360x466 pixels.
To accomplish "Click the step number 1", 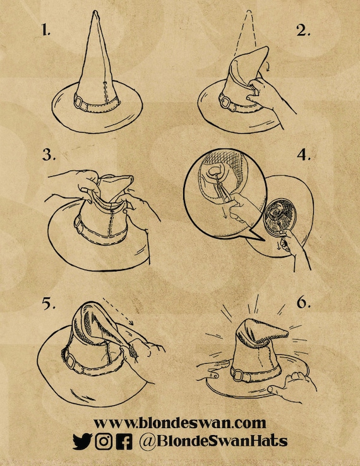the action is coord(45,30).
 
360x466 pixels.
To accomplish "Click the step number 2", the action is coord(303,30).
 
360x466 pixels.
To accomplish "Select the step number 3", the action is coord(49,155).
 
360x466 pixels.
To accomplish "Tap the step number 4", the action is coord(304,155).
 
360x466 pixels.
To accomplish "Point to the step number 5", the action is coord(49,303).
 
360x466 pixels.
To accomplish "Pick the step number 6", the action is coord(304,302).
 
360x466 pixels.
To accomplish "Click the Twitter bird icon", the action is coord(82,441).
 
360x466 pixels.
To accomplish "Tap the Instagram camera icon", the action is coord(104,441).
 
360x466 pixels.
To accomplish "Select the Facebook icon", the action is coord(124,441).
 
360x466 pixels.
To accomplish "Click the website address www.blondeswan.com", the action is coord(180,422).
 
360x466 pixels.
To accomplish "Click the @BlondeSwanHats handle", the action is coord(213,441).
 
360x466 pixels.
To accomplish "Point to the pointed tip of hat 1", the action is coord(95,11).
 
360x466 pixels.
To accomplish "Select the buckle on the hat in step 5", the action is coord(71,361).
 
